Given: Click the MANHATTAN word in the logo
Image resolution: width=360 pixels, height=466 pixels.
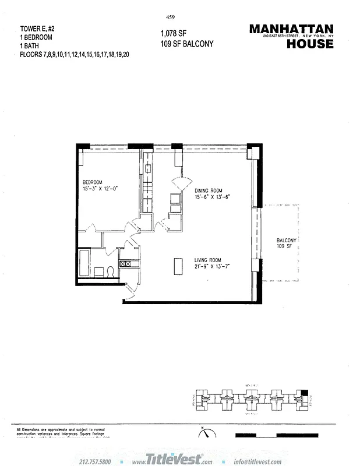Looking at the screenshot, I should click(x=291, y=29).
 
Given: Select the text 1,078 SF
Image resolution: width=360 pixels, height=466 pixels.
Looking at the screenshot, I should click(x=173, y=34).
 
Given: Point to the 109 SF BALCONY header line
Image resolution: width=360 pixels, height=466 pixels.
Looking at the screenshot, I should click(x=186, y=44).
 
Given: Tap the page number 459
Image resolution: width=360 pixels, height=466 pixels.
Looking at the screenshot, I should click(x=171, y=17).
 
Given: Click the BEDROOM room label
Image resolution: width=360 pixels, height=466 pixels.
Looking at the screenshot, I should click(x=92, y=181).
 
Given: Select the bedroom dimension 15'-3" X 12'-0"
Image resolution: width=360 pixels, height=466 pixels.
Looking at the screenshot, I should click(x=101, y=188).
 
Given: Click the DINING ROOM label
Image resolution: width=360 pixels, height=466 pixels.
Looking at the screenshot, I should click(x=209, y=190).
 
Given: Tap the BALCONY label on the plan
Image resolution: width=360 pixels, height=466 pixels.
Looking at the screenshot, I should click(x=287, y=241).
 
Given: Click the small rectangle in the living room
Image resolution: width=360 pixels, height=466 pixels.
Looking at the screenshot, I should click(x=176, y=266).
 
